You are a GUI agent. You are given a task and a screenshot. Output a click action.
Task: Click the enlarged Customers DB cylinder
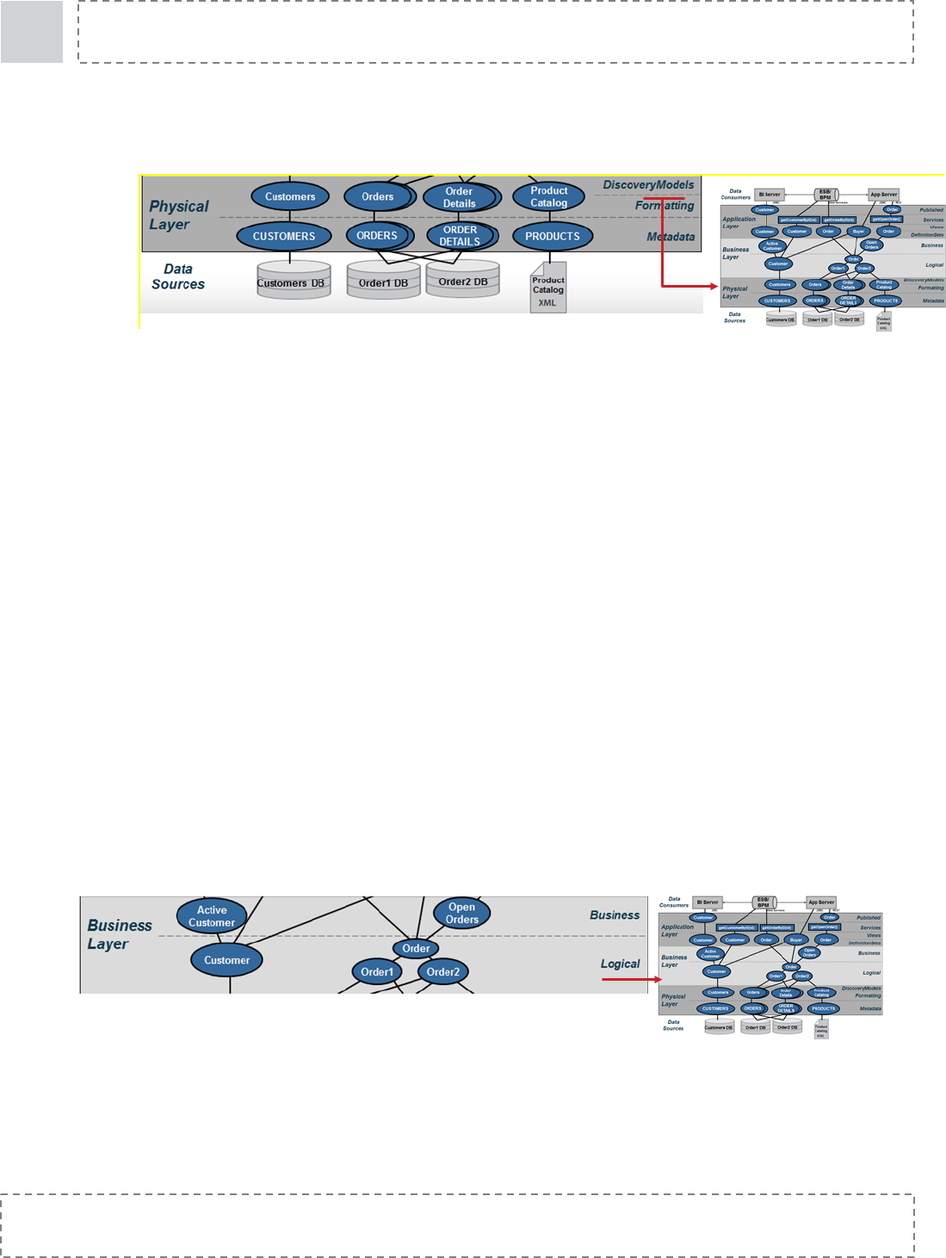click(x=294, y=281)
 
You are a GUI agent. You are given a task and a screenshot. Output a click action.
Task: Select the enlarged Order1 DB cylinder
click(x=384, y=281)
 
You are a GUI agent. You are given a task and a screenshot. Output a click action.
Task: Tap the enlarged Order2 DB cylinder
click(x=463, y=280)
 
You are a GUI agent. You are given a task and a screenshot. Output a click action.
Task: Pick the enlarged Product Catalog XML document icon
click(x=548, y=288)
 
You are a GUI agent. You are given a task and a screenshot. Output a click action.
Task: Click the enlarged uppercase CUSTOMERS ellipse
click(x=284, y=236)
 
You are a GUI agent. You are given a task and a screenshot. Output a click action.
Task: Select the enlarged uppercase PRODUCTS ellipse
click(x=553, y=236)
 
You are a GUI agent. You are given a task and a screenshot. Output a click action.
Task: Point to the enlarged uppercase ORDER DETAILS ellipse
click(x=461, y=236)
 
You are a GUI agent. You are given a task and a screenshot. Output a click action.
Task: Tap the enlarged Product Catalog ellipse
click(x=549, y=197)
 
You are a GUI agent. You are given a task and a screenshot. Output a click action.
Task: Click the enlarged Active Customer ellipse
click(x=212, y=916)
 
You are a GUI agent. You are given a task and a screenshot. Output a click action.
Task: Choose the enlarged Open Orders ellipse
click(x=462, y=914)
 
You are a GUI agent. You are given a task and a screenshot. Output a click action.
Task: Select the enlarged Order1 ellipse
click(x=377, y=972)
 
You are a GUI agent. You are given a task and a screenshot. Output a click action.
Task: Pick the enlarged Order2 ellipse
click(x=443, y=972)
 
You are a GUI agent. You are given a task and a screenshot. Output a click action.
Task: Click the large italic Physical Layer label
click(x=178, y=215)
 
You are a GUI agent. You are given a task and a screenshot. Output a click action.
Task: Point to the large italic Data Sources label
click(x=178, y=276)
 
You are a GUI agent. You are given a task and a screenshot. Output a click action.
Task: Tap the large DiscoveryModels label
click(x=648, y=185)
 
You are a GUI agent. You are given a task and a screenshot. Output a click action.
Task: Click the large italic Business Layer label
click(x=119, y=934)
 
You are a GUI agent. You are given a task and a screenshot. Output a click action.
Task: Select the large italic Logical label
click(x=621, y=964)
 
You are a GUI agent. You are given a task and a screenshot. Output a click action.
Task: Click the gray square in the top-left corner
click(x=32, y=32)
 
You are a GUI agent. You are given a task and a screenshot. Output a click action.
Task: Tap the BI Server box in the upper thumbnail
click(x=770, y=195)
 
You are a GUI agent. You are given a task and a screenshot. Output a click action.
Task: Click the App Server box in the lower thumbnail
click(x=821, y=902)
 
